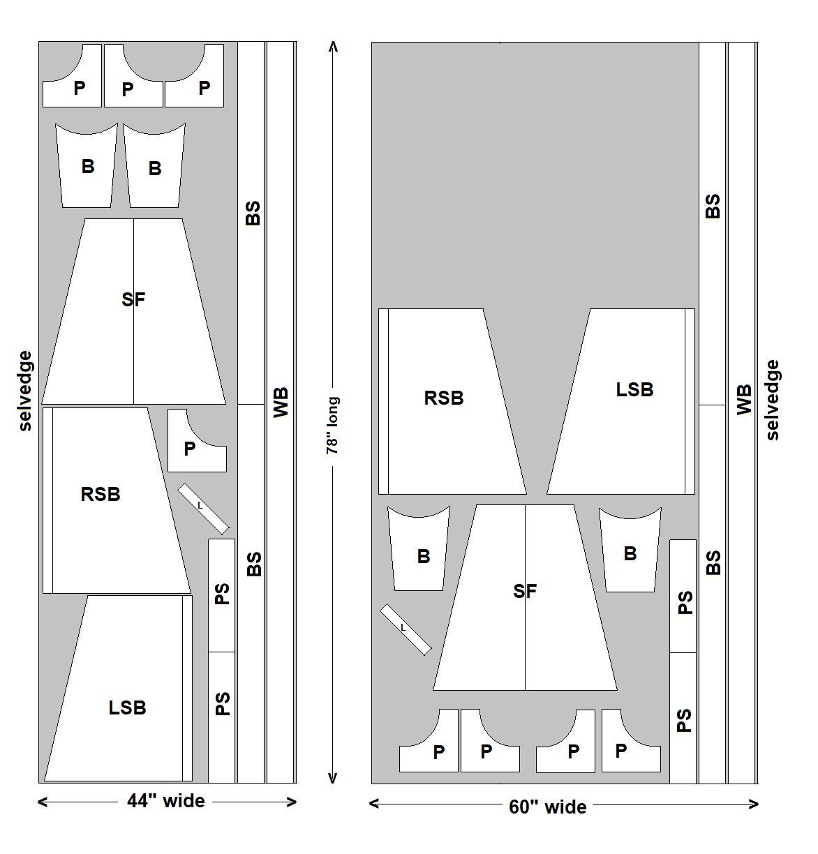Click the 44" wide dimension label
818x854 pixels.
166,801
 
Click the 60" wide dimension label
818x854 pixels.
547,807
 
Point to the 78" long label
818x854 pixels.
332,425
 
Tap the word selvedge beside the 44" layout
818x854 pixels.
25,391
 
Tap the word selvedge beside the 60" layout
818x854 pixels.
772,400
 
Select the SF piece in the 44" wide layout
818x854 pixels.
133,311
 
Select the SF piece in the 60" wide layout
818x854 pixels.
525,597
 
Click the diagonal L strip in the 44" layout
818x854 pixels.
203,509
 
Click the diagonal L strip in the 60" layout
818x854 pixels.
406,630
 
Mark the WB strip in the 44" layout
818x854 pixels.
280,412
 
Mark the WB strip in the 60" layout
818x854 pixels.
742,412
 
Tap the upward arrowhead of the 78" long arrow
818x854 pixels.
333,46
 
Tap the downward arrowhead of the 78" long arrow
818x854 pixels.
333,778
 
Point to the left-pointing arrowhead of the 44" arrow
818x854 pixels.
43,802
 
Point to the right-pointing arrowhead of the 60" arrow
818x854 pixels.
754,804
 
